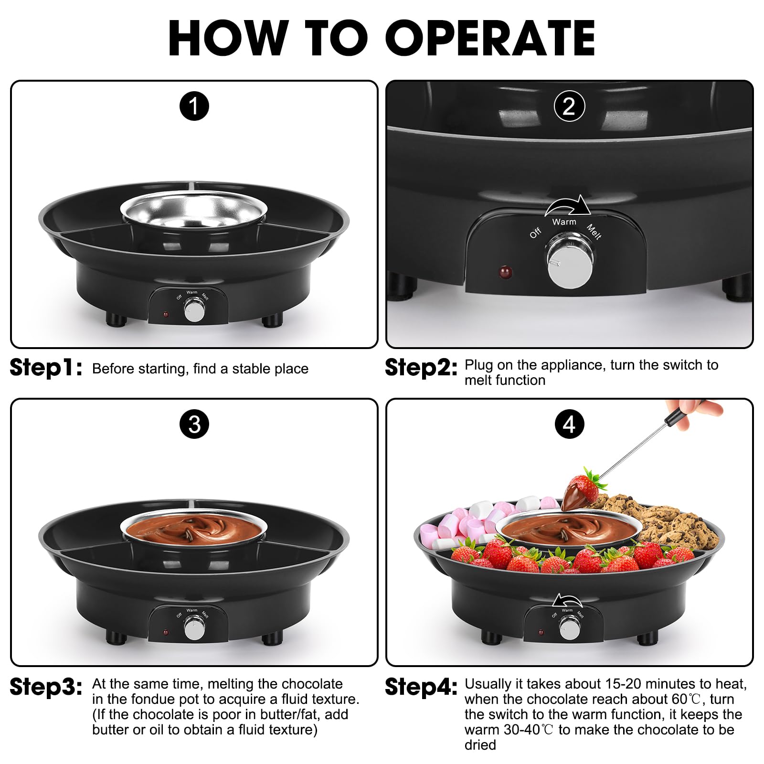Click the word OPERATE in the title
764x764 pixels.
click(x=490, y=38)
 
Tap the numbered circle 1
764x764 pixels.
click(x=194, y=106)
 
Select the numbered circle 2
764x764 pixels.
click(x=569, y=106)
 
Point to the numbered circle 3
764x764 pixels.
click(x=194, y=424)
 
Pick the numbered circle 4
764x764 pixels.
click(x=569, y=424)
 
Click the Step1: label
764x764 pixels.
click(x=46, y=368)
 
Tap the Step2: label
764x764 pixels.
click(x=421, y=368)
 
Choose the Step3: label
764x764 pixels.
click(x=46, y=687)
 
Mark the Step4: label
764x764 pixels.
click(x=421, y=687)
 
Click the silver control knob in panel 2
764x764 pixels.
click(x=570, y=260)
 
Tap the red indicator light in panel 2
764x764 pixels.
click(x=505, y=272)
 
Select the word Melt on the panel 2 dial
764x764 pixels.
click(x=594, y=232)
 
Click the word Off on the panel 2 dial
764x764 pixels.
click(x=535, y=233)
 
